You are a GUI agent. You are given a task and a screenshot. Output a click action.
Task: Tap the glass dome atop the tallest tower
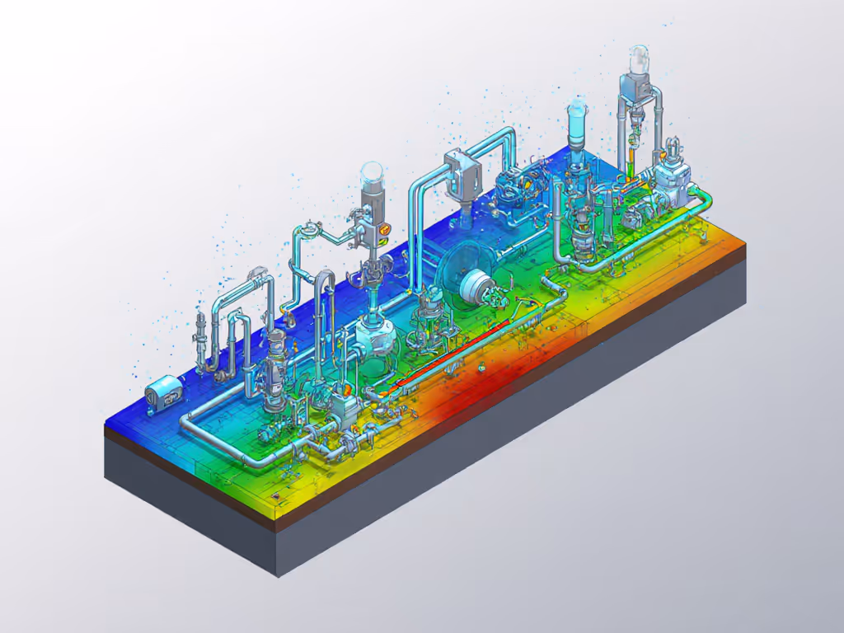point(640,57)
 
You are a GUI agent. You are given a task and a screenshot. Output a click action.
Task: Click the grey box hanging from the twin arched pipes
point(462,174)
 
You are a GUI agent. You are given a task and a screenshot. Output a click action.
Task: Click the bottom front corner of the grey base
point(277,574)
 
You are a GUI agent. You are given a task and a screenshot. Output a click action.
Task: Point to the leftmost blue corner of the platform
point(105,424)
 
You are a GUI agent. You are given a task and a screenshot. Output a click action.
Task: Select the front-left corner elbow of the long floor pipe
point(186,416)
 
